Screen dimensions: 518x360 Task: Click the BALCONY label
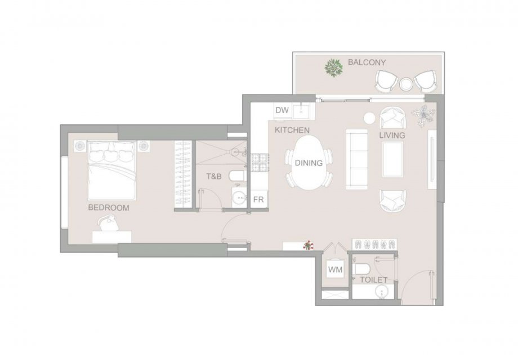367,62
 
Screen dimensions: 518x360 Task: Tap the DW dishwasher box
283,111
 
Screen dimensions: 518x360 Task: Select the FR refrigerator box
258,199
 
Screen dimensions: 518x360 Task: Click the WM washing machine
335,269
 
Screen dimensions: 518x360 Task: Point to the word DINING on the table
309,163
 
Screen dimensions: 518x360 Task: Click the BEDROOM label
108,208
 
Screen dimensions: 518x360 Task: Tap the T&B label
214,177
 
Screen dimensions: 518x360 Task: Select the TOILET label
373,280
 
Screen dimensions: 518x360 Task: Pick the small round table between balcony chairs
406,84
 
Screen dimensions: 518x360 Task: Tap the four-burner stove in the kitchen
260,163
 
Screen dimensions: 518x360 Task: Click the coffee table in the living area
392,159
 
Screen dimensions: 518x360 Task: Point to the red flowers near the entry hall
309,245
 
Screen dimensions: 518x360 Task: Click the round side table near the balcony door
369,118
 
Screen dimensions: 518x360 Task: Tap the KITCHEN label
292,130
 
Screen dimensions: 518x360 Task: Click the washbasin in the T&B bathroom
239,198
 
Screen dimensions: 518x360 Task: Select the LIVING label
392,136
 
